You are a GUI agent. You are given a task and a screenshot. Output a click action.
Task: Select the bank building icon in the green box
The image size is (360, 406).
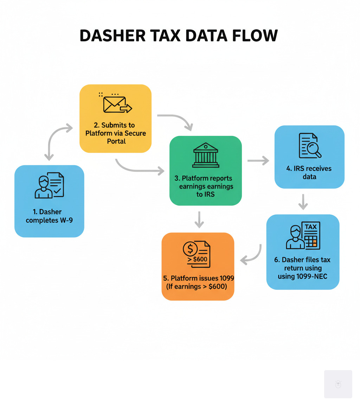(x=206, y=155)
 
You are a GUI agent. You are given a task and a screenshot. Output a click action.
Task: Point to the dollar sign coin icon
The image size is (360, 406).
(x=190, y=249)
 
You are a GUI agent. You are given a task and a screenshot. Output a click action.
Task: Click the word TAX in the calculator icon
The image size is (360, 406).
(x=310, y=227)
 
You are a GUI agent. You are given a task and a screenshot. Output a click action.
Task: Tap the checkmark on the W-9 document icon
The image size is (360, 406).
(x=57, y=192)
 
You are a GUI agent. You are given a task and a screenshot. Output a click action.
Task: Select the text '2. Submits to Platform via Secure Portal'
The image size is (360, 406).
(x=115, y=134)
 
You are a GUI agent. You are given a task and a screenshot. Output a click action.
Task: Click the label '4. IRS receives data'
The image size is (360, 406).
(x=309, y=172)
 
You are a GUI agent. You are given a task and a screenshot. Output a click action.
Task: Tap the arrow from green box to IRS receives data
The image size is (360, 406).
(x=258, y=161)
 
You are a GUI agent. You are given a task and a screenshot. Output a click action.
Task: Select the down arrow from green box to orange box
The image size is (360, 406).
(x=199, y=220)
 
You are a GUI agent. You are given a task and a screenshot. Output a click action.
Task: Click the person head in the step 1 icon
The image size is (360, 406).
(x=42, y=182)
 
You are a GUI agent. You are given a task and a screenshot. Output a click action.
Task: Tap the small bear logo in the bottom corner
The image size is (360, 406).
(x=338, y=384)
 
